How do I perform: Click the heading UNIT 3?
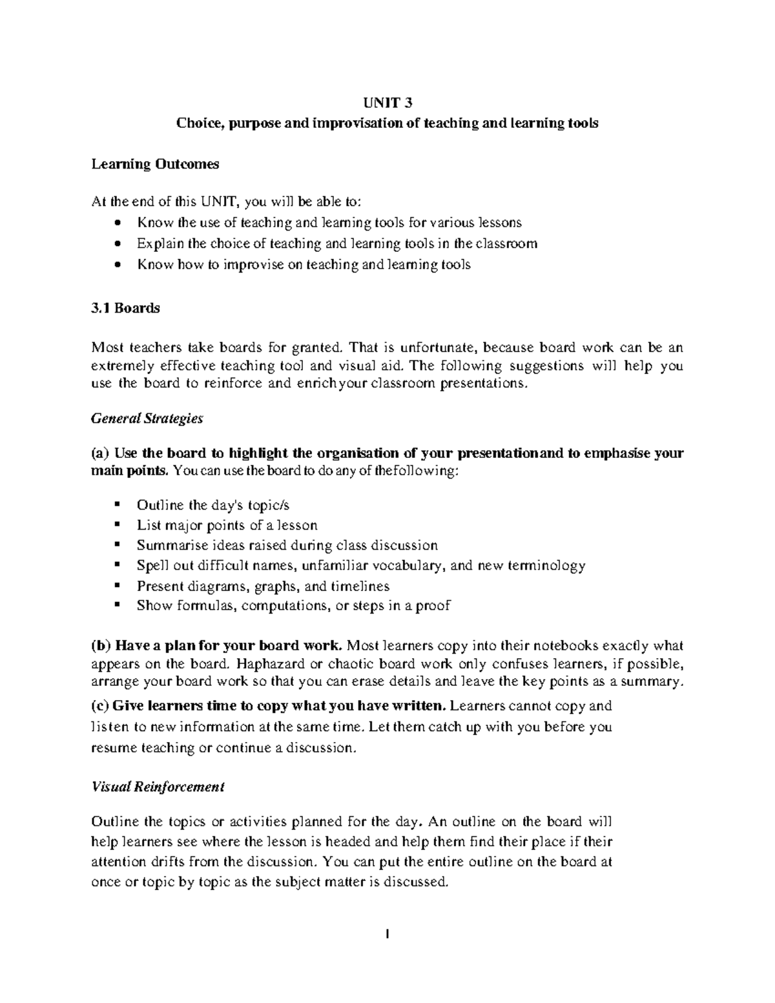[x=387, y=103]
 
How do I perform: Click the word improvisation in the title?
[x=356, y=123]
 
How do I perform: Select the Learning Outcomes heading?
[x=155, y=164]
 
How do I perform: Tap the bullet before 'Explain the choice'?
[x=116, y=244]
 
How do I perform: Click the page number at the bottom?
[x=387, y=934]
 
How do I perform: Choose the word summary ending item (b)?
[x=658, y=681]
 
